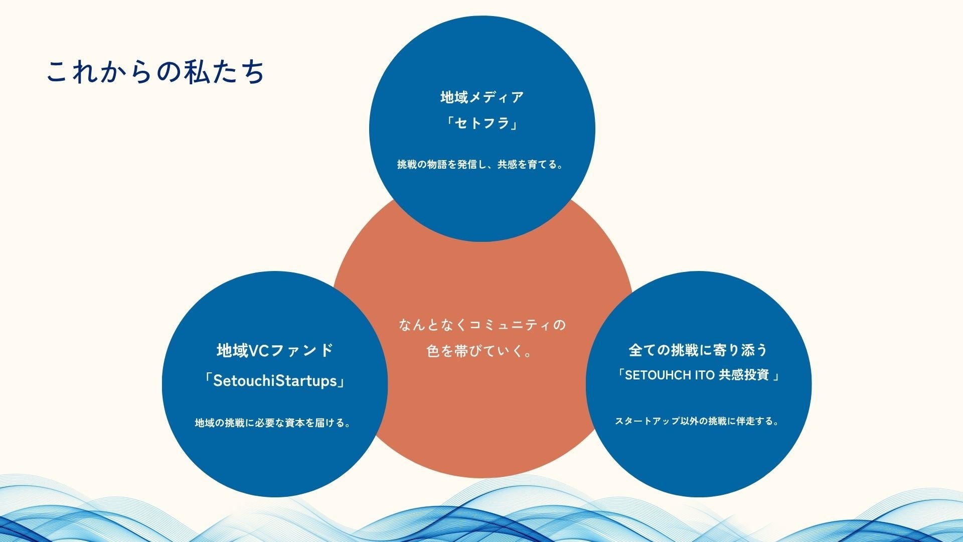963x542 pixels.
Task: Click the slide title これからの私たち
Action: point(155,72)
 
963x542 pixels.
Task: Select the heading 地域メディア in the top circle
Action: point(482,97)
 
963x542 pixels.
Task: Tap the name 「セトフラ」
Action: point(482,123)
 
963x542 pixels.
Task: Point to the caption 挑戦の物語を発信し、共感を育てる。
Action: point(481,165)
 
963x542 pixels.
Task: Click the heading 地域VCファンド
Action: point(275,350)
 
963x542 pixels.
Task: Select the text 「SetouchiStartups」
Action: point(275,381)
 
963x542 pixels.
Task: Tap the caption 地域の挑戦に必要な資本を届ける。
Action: point(273,423)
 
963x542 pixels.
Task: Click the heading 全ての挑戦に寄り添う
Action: point(698,350)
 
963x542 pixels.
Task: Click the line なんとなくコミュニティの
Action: point(482,325)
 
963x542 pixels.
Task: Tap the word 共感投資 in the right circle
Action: point(744,375)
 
